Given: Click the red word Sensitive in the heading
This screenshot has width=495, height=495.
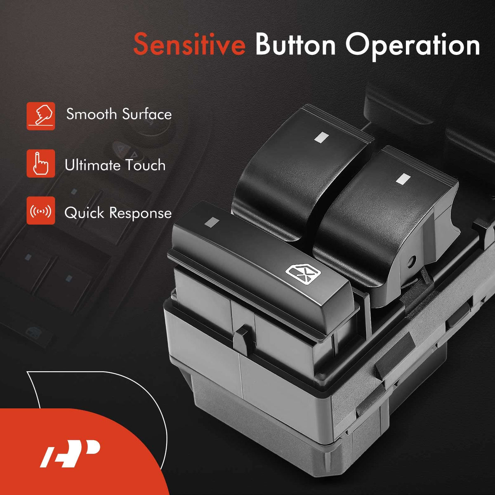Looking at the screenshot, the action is tap(189, 44).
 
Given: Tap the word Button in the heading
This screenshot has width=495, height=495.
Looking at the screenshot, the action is tap(295, 44).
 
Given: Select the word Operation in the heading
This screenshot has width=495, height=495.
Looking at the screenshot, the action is tap(412, 46).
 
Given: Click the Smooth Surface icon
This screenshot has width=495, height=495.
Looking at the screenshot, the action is tap(40, 116).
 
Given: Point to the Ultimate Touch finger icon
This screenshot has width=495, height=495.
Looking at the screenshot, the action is tap(40, 163).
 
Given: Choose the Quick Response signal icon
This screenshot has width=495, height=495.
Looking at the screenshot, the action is tap(40, 211).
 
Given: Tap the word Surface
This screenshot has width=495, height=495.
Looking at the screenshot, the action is tap(147, 114).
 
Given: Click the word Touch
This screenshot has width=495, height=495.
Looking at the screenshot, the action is tap(145, 165).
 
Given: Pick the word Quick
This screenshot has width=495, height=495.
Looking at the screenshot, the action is tap(84, 213).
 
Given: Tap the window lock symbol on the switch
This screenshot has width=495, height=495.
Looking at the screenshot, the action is tap(303, 274).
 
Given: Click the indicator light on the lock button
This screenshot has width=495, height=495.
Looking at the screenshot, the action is tap(212, 222).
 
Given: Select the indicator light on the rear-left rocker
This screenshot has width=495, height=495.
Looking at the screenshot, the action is tap(322, 137).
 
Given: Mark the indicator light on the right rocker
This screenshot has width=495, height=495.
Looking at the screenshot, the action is tap(403, 179).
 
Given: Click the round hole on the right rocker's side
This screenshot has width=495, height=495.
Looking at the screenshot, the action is tap(412, 261).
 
